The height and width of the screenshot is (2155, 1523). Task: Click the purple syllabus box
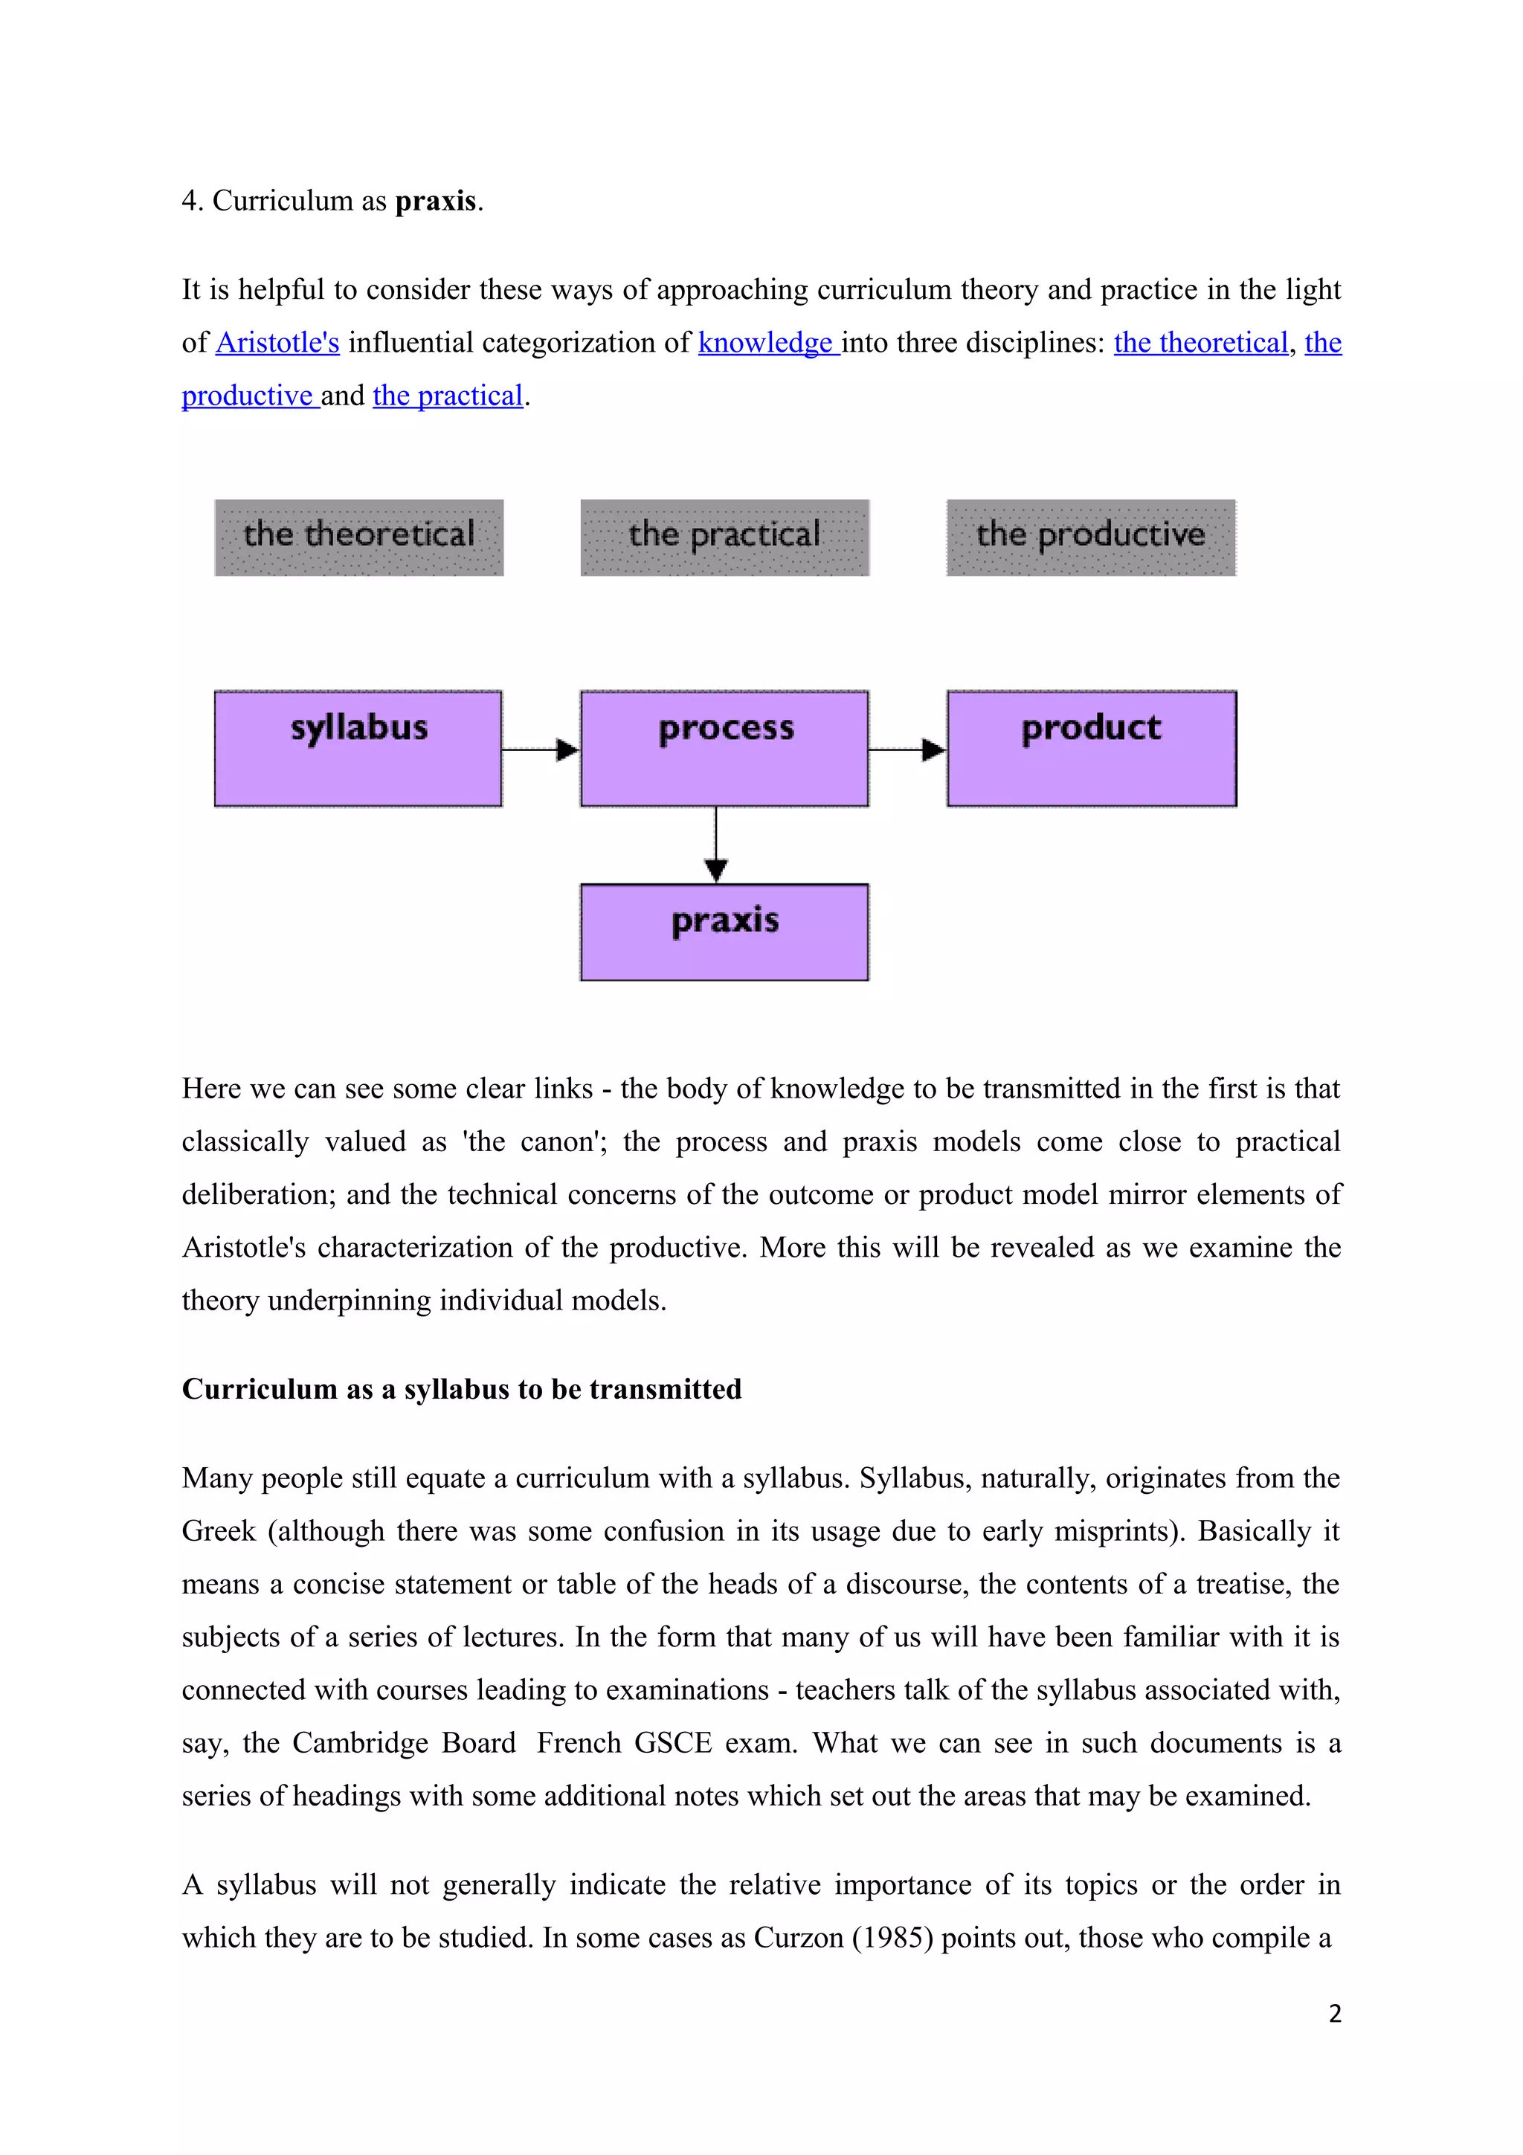358,748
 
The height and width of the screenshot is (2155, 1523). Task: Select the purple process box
724,748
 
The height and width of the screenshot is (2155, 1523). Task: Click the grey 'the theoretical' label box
358,537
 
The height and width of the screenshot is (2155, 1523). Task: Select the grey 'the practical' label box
724,537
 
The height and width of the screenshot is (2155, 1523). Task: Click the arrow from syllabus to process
541,749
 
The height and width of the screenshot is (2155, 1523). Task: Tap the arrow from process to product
907,749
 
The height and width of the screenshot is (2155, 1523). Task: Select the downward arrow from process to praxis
716,845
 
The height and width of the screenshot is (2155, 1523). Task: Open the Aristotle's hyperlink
278,343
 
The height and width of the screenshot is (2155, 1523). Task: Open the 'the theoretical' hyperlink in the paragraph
1200,343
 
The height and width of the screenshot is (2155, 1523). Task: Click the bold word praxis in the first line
436,201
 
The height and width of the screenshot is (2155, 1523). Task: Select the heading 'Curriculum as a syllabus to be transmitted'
462,1389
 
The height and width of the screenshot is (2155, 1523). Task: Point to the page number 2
1334,2013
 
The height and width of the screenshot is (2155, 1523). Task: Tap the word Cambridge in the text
404,1743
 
